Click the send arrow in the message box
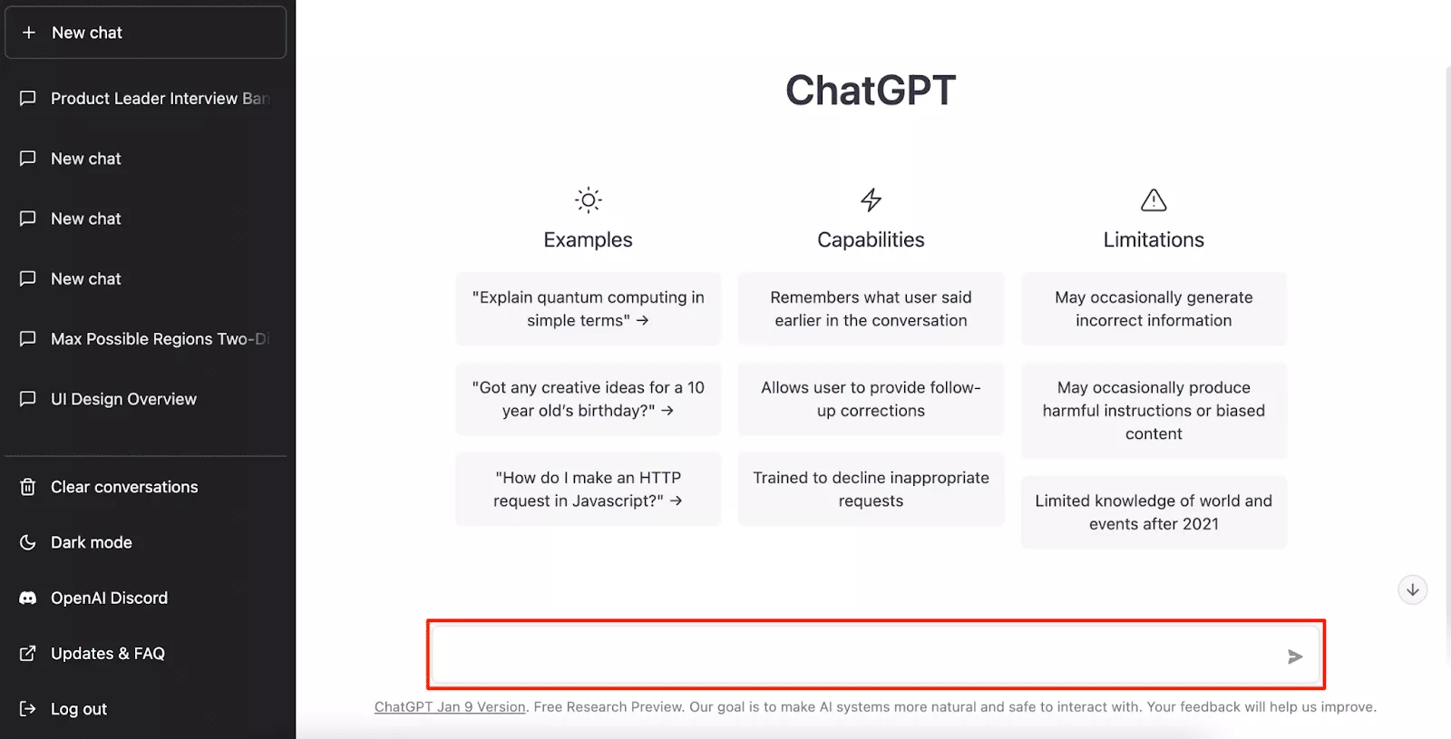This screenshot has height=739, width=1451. coord(1295,656)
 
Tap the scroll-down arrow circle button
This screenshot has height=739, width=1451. coord(1412,590)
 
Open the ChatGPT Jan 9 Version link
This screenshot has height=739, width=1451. coord(450,706)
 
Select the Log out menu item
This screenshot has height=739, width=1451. coord(78,708)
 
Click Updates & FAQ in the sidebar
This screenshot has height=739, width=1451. coord(108,653)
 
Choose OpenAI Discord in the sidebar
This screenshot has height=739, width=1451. coord(109,598)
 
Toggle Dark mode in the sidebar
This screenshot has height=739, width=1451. coord(92,542)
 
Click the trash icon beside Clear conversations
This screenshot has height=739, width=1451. coord(27,486)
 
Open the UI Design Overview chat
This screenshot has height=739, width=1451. coord(123,398)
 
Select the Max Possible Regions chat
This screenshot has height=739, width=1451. coord(160,339)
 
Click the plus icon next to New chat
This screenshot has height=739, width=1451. coord(28,33)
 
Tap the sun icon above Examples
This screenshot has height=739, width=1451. coord(589,200)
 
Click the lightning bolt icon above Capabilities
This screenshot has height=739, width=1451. coord(871,199)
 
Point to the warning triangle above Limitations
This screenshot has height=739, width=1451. coord(1154,200)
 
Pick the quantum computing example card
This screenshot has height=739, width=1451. coord(589,308)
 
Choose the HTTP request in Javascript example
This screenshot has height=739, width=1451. coord(589,489)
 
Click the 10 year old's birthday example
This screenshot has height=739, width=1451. coord(589,399)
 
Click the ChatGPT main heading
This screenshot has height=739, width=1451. coord(871,90)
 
